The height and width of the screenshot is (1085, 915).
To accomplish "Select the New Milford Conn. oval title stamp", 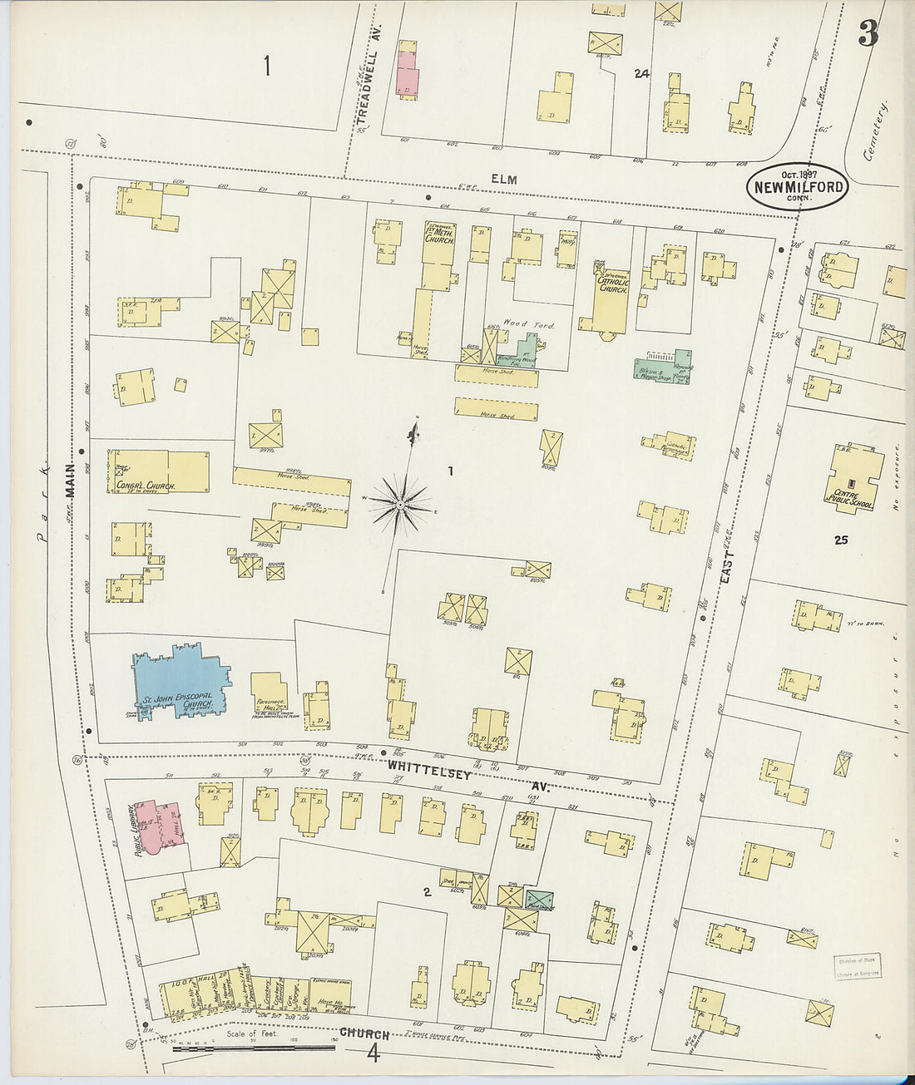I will pyautogui.click(x=796, y=187).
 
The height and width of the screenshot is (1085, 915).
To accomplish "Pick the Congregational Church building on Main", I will pyautogui.click(x=158, y=472).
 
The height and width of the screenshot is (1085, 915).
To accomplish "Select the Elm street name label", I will pyautogui.click(x=503, y=180).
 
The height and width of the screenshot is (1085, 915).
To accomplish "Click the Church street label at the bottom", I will pyautogui.click(x=364, y=1034).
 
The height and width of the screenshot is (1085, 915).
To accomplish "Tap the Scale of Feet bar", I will pyautogui.click(x=254, y=1046).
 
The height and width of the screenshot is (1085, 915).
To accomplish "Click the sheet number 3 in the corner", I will pyautogui.click(x=868, y=36).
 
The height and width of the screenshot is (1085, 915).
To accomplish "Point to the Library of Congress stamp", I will pyautogui.click(x=857, y=967).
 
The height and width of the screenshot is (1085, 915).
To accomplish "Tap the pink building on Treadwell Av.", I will pyautogui.click(x=407, y=70).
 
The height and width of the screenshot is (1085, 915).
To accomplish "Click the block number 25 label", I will pyautogui.click(x=841, y=540).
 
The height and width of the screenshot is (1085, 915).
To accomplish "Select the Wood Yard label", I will pyautogui.click(x=528, y=324).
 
